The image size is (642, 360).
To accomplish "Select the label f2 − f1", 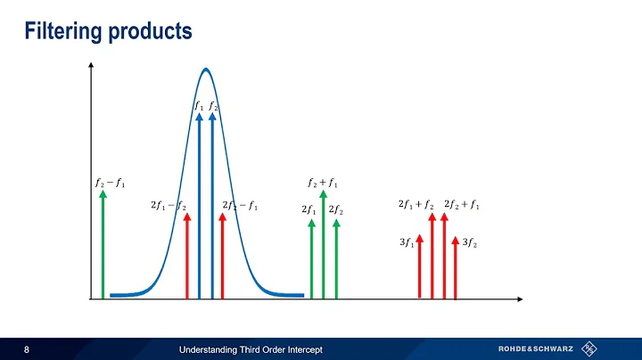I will pos(110,184).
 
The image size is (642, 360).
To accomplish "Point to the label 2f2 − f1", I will pos(240,206).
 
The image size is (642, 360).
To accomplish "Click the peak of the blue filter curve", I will pos(206,70).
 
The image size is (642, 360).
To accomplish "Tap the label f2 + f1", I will pos(322,184).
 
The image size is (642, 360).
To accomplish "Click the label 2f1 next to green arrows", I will pos(309,210).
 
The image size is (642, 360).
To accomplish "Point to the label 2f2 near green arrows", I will pos(336,210).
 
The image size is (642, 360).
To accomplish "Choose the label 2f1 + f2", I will pos(416,206).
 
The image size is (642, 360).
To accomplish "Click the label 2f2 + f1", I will pos(461,206).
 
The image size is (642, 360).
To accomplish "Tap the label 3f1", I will pos(407,241).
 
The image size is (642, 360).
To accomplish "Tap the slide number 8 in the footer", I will pos(27,348).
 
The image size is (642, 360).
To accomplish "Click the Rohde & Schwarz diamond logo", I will pos(588,348).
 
